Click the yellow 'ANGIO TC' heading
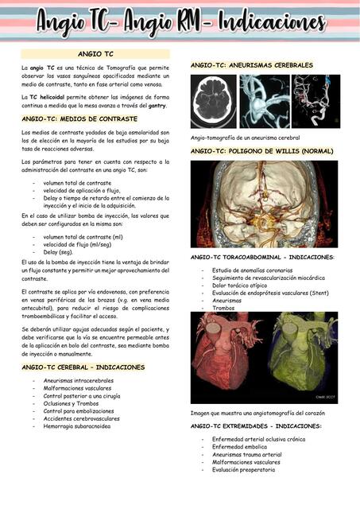pos(95,54)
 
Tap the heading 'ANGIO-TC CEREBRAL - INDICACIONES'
pos(84,367)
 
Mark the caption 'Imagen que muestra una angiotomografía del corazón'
pos(264,413)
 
